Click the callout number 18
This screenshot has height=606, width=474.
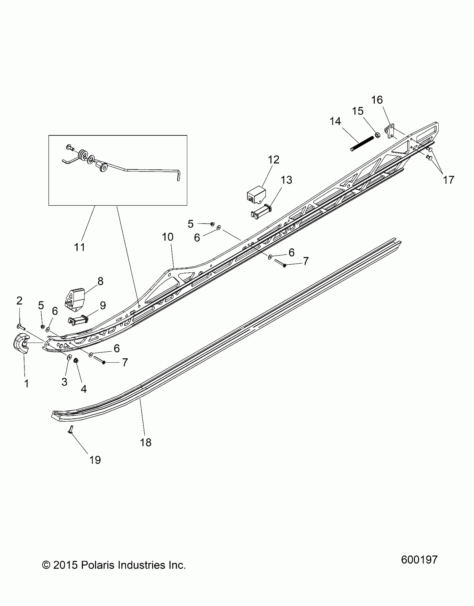coord(146,442)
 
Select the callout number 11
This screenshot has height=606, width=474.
coord(79,247)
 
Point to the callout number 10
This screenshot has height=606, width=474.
coord(168,237)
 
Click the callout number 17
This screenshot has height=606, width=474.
coord(449,180)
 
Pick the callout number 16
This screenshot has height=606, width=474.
coord(377,100)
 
